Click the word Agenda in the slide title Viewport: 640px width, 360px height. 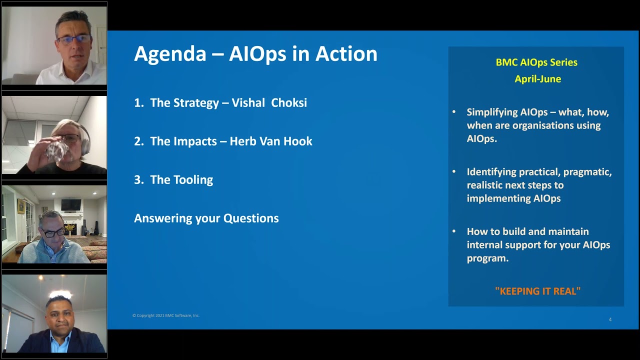click(x=170, y=54)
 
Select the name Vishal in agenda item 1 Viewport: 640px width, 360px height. click(x=248, y=103)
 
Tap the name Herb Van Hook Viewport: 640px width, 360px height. click(x=271, y=141)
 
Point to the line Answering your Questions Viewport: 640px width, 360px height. click(x=206, y=218)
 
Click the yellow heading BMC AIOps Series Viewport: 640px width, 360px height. click(x=536, y=62)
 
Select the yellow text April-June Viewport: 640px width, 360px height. click(x=537, y=79)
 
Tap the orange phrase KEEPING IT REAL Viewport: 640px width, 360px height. click(x=537, y=291)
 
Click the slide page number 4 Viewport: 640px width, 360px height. click(x=610, y=319)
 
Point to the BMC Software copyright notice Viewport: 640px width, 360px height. click(x=166, y=315)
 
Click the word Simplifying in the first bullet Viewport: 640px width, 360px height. click(x=492, y=112)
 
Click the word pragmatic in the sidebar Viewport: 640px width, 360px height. click(x=587, y=172)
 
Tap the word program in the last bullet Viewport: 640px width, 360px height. click(x=487, y=258)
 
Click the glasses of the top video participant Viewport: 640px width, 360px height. click(x=74, y=39)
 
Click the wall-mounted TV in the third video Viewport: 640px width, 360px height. click(x=70, y=205)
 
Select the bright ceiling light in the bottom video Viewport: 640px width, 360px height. click(x=59, y=294)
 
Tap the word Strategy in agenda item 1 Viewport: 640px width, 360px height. click(x=195, y=103)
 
